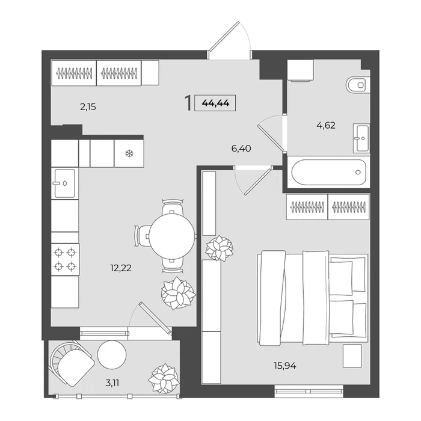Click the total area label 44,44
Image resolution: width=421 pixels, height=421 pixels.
tap(215, 103)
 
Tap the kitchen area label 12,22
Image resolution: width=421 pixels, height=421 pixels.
tap(121, 268)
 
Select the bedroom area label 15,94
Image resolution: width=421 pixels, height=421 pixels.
tap(285, 366)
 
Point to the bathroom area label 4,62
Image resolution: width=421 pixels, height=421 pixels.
tap(326, 125)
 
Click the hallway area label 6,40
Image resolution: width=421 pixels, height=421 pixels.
tap(241, 148)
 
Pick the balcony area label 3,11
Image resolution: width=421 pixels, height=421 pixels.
tap(112, 383)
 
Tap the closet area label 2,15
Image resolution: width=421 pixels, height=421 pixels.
tap(88, 107)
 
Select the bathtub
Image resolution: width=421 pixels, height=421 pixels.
tap(329, 172)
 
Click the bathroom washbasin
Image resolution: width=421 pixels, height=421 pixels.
tap(361, 138)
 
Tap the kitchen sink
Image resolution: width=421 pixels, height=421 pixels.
tap(65, 183)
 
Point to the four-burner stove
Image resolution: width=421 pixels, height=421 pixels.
tap(65, 259)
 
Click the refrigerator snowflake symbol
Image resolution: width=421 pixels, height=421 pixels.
tap(129, 153)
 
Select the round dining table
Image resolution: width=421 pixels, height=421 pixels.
tap(172, 236)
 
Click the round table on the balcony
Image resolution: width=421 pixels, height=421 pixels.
tap(112, 355)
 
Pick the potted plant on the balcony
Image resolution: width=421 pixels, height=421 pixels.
tap(163, 378)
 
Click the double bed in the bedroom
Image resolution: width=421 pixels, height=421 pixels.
tap(313, 298)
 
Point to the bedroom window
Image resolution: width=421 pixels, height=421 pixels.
tap(309, 390)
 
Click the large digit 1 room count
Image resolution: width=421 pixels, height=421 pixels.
tap(188, 103)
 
